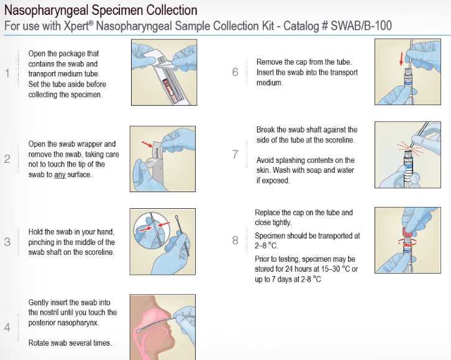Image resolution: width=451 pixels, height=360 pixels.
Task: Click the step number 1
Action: tap(7, 73)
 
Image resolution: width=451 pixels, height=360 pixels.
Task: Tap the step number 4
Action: tap(7, 328)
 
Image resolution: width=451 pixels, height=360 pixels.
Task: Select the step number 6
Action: tap(235, 72)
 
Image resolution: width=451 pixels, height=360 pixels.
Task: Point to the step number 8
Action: tap(235, 240)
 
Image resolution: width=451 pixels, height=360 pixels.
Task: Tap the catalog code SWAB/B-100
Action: tap(361, 26)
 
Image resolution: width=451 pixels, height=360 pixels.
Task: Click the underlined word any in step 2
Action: tap(60, 175)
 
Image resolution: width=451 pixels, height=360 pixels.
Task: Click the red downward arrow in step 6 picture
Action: tap(401, 59)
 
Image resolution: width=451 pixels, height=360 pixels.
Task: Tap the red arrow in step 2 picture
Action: tap(148, 144)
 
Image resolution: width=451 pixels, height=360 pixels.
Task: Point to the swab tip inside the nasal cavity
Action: tap(140, 331)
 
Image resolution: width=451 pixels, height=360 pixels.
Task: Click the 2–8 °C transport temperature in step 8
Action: tap(266, 246)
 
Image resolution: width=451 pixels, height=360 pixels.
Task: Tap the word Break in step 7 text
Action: tap(265, 130)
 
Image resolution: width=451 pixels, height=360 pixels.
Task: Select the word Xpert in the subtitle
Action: tap(76, 26)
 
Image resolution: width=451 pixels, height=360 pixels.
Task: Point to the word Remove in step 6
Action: tap(269, 62)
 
